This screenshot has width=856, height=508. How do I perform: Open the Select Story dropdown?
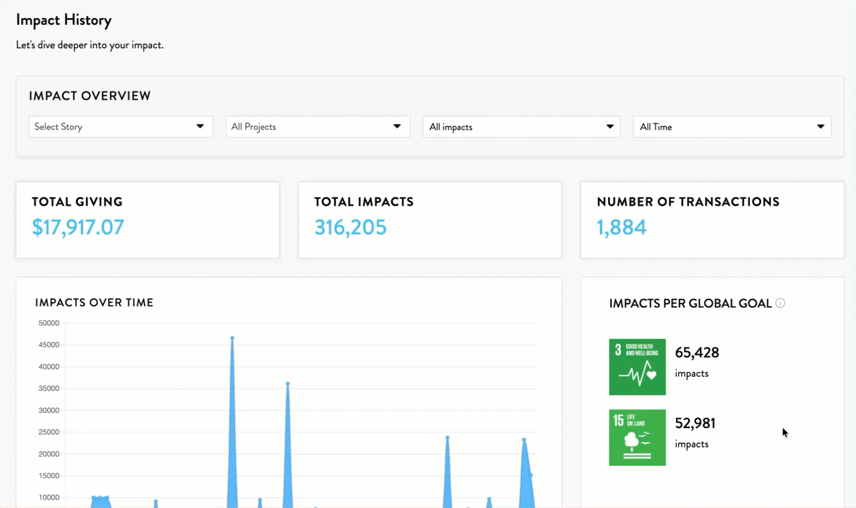point(121,127)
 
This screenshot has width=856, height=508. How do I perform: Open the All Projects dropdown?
point(318,127)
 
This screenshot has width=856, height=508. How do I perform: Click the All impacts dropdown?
point(522,127)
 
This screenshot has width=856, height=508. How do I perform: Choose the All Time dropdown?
point(732,127)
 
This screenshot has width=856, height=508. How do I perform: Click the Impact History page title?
point(64,20)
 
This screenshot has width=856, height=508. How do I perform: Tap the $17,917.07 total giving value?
point(78,227)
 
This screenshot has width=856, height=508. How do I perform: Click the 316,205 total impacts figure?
point(350,227)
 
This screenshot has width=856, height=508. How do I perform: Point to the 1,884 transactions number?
point(622,227)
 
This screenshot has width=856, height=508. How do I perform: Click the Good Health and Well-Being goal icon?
point(638,367)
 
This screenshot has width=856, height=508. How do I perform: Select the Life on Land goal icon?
point(638,437)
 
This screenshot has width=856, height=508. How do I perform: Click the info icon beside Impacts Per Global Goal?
point(780,303)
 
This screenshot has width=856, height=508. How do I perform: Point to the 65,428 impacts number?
point(697,353)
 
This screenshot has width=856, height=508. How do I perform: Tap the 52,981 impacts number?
point(695,423)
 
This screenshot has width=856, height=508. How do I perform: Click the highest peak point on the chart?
point(232,338)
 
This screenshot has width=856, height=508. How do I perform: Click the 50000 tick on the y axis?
point(49,323)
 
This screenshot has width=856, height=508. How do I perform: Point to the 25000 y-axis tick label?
point(49,432)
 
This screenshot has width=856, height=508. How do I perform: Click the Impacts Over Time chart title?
point(94,303)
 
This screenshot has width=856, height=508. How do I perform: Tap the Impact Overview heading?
point(90,96)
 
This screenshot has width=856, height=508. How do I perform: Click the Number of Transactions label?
point(688,201)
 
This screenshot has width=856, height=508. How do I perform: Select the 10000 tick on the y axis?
point(49,497)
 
